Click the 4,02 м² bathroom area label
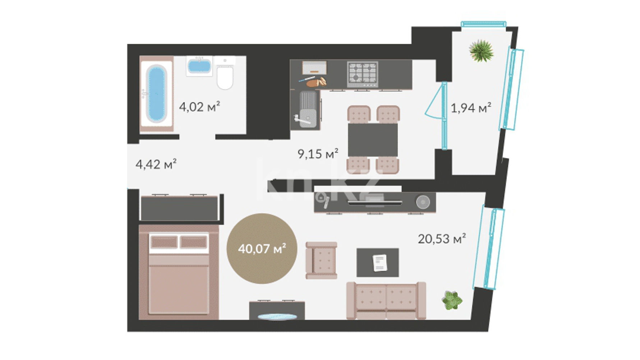pyautogui.click(x=199, y=107)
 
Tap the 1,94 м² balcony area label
pyautogui.click(x=471, y=108)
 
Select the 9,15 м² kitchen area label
pyautogui.click(x=318, y=154)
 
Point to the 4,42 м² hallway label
pyautogui.click(x=156, y=164)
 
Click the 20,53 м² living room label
pyautogui.click(x=442, y=239)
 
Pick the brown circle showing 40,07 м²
pyautogui.click(x=262, y=249)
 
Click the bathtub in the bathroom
pyautogui.click(x=157, y=94)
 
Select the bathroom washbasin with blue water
pyautogui.click(x=199, y=66)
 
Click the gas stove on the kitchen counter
pyautogui.click(x=363, y=74)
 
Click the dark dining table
pyautogui.click(x=373, y=140)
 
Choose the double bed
pyautogui.click(x=179, y=272)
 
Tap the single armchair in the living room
pyautogui.click(x=321, y=260)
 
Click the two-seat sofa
pyautogui.click(x=386, y=301)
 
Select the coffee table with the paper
pyautogui.click(x=378, y=263)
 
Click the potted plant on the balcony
pyautogui.click(x=482, y=51)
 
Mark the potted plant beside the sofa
pyautogui.click(x=452, y=300)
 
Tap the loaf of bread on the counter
pyautogui.click(x=317, y=82)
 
